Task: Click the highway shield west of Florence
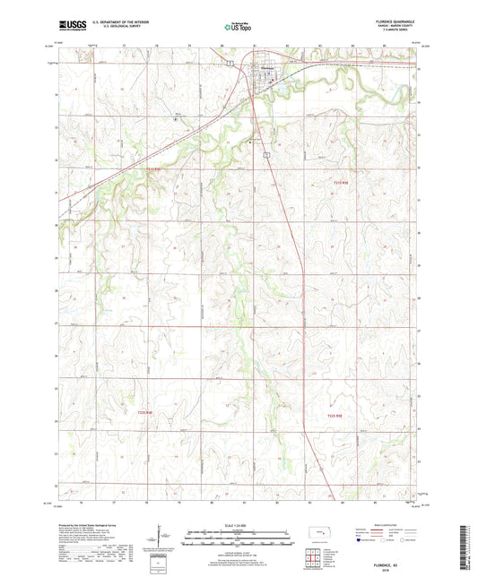230,63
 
